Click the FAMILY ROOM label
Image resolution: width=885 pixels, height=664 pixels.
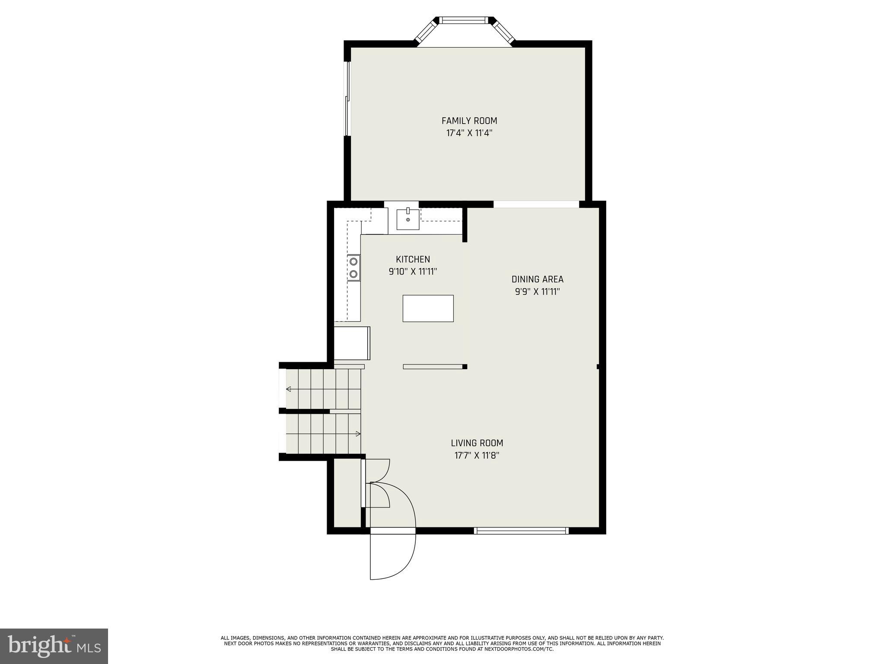pyautogui.click(x=469, y=121)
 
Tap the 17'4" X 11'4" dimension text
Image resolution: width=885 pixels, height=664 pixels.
pyautogui.click(x=469, y=133)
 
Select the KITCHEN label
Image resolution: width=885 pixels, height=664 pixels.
pyautogui.click(x=413, y=259)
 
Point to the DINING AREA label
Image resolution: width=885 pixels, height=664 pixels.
pyautogui.click(x=537, y=279)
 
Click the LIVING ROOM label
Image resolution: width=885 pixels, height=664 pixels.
pyautogui.click(x=477, y=443)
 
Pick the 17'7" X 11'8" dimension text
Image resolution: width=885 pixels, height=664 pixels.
pyautogui.click(x=477, y=455)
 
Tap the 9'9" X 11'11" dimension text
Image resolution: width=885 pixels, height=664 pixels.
pyautogui.click(x=537, y=292)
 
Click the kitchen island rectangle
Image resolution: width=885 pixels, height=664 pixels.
pyautogui.click(x=428, y=308)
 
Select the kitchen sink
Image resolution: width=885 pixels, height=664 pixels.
pyautogui.click(x=407, y=219)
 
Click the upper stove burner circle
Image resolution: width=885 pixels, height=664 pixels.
pyautogui.click(x=354, y=261)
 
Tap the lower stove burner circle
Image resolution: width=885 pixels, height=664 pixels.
pyautogui.click(x=354, y=274)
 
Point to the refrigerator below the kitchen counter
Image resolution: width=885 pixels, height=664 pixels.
pyautogui.click(x=351, y=343)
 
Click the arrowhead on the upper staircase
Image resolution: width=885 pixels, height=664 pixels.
pyautogui.click(x=289, y=389)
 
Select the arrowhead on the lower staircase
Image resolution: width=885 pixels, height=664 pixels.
pyautogui.click(x=358, y=434)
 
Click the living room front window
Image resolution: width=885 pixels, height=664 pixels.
pyautogui.click(x=521, y=531)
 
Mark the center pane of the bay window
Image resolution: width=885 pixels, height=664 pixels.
pyautogui.click(x=464, y=20)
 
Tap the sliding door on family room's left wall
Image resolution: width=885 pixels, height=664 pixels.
pyautogui.click(x=347, y=99)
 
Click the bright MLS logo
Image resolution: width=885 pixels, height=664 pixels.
pyautogui.click(x=54, y=646)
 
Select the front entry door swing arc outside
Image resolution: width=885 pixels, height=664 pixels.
pyautogui.click(x=402, y=562)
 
